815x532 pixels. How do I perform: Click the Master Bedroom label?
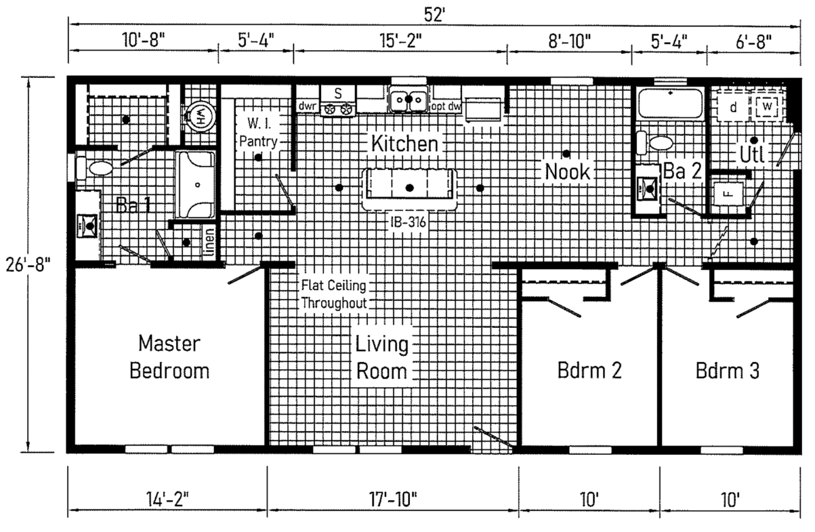[x=169, y=357]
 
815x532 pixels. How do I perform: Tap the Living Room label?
[x=382, y=358]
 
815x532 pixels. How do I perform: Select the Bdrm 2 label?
[x=589, y=370]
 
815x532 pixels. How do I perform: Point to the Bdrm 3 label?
[x=727, y=370]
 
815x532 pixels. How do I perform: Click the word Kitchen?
[x=404, y=143]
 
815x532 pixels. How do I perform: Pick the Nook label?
[x=567, y=171]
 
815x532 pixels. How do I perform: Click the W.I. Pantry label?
[x=258, y=131]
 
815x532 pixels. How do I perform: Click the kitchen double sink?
[x=408, y=100]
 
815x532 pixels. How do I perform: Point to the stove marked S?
[x=338, y=101]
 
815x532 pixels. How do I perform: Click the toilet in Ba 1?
[x=96, y=168]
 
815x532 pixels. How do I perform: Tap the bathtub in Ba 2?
[x=670, y=103]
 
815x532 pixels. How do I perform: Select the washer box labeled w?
[x=765, y=107]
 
